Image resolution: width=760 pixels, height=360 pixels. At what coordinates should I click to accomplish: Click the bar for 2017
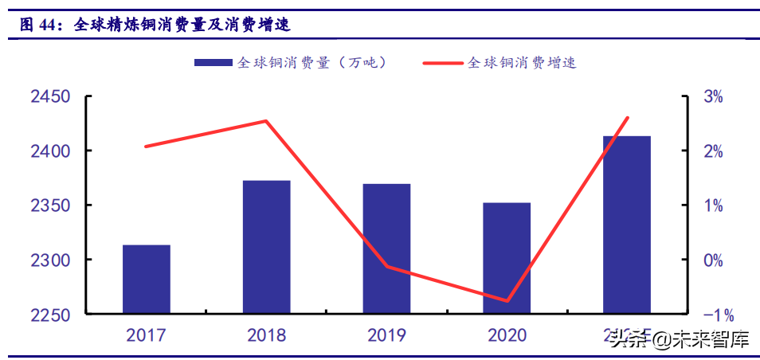[147, 279]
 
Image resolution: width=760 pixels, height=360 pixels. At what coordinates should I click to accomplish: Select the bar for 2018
[266, 247]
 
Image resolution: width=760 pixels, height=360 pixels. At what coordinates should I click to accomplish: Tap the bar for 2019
[386, 248]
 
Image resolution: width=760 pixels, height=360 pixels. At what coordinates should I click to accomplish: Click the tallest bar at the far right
[626, 225]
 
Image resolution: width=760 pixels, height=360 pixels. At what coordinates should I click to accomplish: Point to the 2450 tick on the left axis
[50, 97]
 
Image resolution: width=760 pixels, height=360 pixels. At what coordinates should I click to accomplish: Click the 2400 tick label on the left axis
[50, 151]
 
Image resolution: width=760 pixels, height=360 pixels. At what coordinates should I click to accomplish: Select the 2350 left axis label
[50, 205]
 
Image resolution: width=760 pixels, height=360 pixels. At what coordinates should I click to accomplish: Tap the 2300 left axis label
[50, 260]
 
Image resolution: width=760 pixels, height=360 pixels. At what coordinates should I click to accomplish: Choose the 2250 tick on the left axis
[50, 315]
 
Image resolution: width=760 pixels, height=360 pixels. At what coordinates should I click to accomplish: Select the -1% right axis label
[711, 315]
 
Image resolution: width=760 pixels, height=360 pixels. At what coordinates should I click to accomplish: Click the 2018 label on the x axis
[266, 335]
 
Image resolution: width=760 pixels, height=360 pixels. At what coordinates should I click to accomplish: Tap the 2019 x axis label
[386, 335]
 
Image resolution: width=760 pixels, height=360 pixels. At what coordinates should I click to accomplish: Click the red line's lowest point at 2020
[507, 301]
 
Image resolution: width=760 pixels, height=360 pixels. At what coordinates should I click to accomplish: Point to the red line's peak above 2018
[266, 121]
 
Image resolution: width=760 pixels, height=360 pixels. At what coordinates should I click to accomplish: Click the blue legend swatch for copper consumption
[213, 62]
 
